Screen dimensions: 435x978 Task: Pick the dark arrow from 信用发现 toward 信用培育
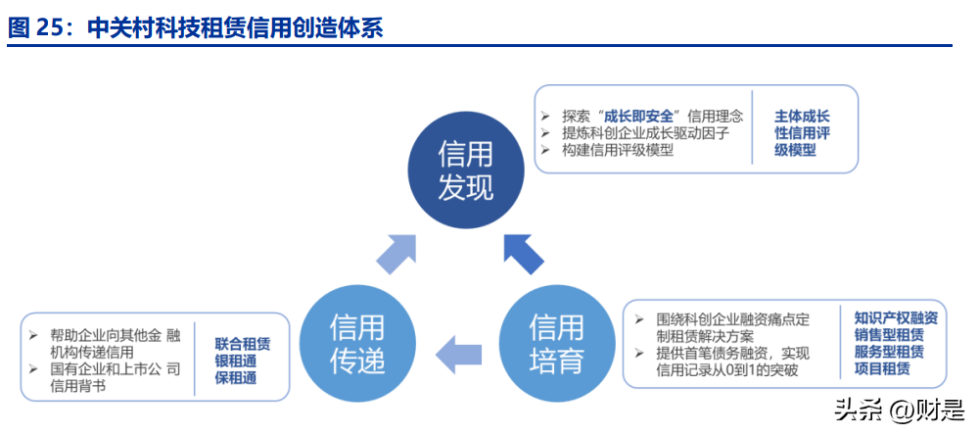[x=523, y=254]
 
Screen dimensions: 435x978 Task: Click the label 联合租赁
[x=243, y=344]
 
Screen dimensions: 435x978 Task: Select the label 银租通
[x=236, y=361]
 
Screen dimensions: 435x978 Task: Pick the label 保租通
[x=236, y=377]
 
